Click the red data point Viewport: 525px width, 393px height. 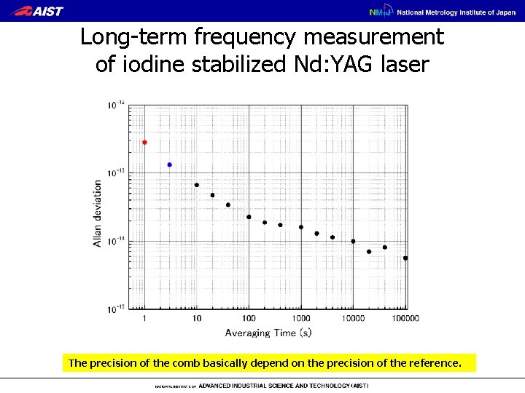(x=144, y=143)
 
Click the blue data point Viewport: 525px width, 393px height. (x=170, y=164)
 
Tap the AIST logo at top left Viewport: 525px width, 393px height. (x=39, y=11)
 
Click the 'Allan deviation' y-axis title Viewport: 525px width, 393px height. (x=98, y=213)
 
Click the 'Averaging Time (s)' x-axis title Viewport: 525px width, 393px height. (x=268, y=333)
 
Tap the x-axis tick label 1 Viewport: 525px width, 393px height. (x=144, y=318)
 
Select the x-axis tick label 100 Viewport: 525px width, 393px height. (x=249, y=318)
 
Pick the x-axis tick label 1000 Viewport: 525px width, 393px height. (x=301, y=318)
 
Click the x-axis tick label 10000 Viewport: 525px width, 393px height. (x=354, y=318)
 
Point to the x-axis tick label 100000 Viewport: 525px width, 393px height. (x=405, y=318)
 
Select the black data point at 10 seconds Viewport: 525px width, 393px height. (x=197, y=185)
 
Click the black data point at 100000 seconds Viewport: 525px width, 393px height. (x=405, y=258)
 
